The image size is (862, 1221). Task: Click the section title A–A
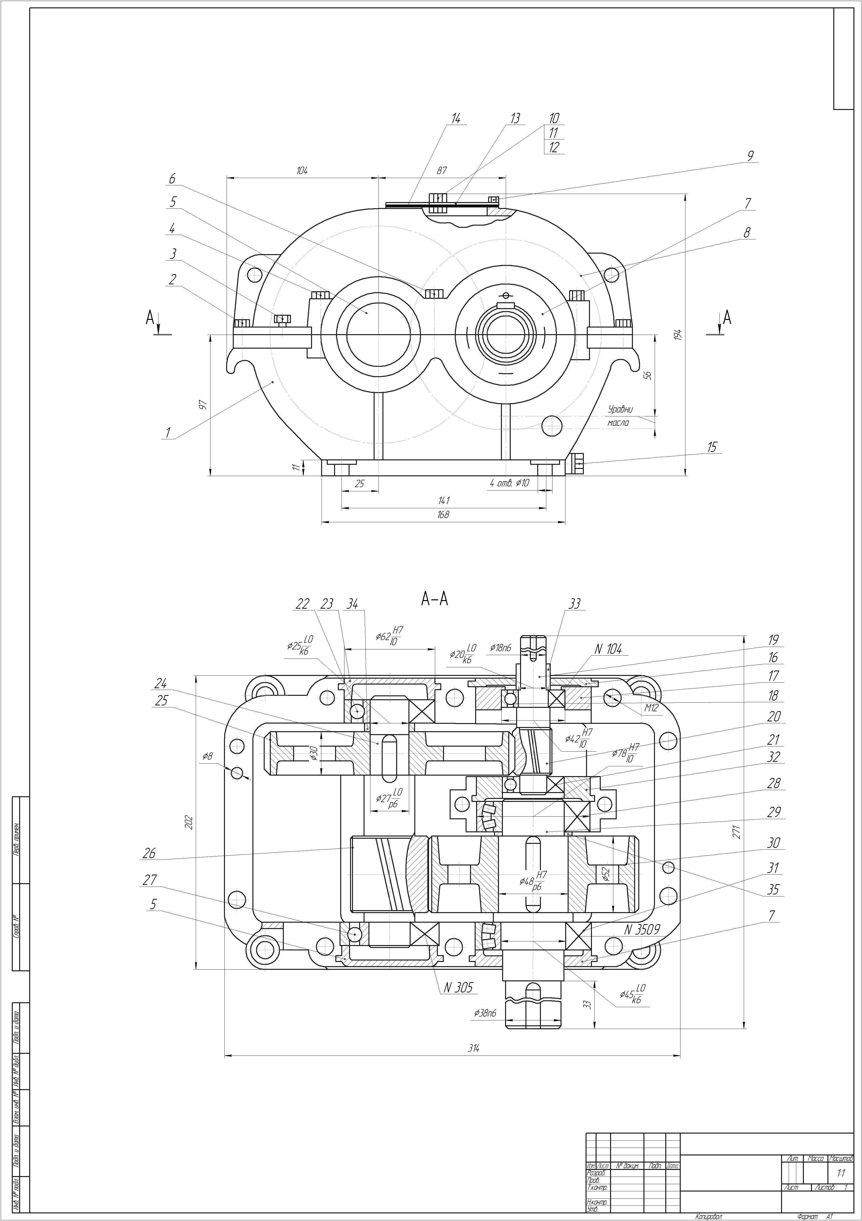click(435, 599)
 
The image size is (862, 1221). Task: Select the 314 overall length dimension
click(473, 1048)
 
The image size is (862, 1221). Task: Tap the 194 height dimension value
click(678, 335)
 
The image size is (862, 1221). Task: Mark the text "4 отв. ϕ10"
click(509, 483)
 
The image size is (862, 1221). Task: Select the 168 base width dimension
click(443, 515)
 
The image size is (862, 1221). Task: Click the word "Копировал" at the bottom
click(708, 1216)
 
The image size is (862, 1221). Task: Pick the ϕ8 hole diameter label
click(207, 756)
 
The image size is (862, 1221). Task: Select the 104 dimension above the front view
click(302, 171)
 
